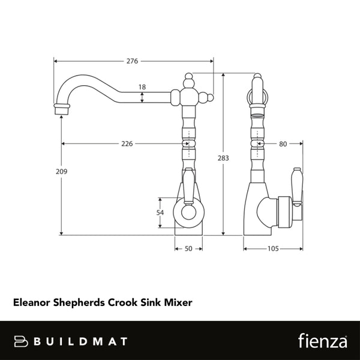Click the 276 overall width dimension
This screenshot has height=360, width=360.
(133, 61)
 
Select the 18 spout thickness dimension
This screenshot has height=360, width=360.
(142, 87)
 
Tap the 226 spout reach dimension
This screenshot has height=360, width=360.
(126, 144)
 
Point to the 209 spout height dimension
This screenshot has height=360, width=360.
(61, 172)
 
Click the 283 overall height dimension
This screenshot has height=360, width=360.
(224, 158)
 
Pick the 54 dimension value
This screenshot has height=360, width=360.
(160, 213)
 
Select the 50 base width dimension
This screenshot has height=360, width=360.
(189, 248)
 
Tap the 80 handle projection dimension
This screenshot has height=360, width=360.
(284, 144)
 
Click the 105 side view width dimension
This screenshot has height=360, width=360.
(272, 248)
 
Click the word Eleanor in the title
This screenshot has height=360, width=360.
(33, 304)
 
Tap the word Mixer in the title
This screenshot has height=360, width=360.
(179, 304)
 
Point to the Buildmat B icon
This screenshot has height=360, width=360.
(22, 341)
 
